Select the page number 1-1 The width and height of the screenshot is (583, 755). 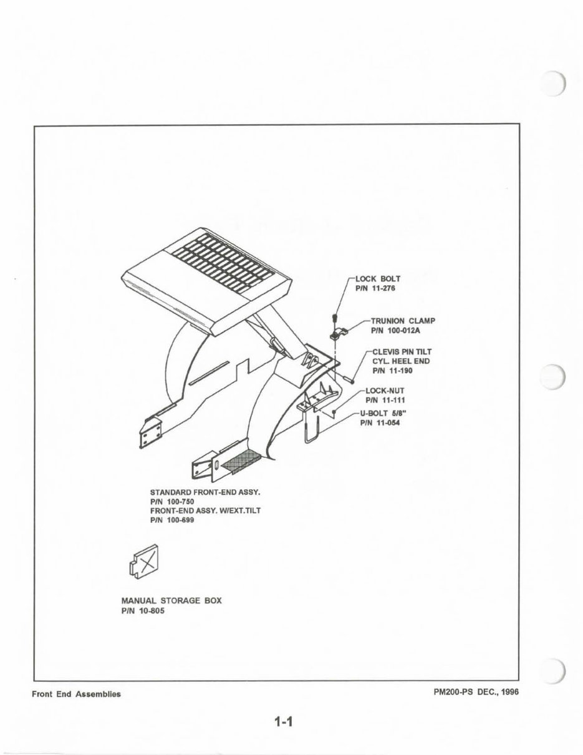283,723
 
